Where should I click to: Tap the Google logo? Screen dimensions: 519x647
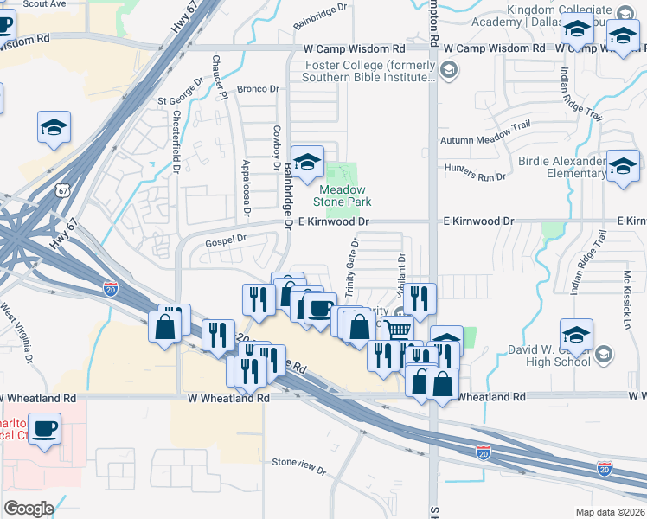tap(29, 509)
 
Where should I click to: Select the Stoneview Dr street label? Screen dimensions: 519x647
tap(299, 467)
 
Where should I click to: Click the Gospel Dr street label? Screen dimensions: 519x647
tap(226, 239)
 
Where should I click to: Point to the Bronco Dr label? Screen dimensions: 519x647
tap(259, 88)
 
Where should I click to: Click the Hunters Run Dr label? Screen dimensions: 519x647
tap(474, 172)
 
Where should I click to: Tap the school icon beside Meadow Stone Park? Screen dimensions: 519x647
tap(307, 162)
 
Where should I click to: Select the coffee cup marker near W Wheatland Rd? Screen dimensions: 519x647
tap(44, 427)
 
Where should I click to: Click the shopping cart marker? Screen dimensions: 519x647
tap(397, 330)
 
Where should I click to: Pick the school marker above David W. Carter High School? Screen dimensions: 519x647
tap(577, 333)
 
